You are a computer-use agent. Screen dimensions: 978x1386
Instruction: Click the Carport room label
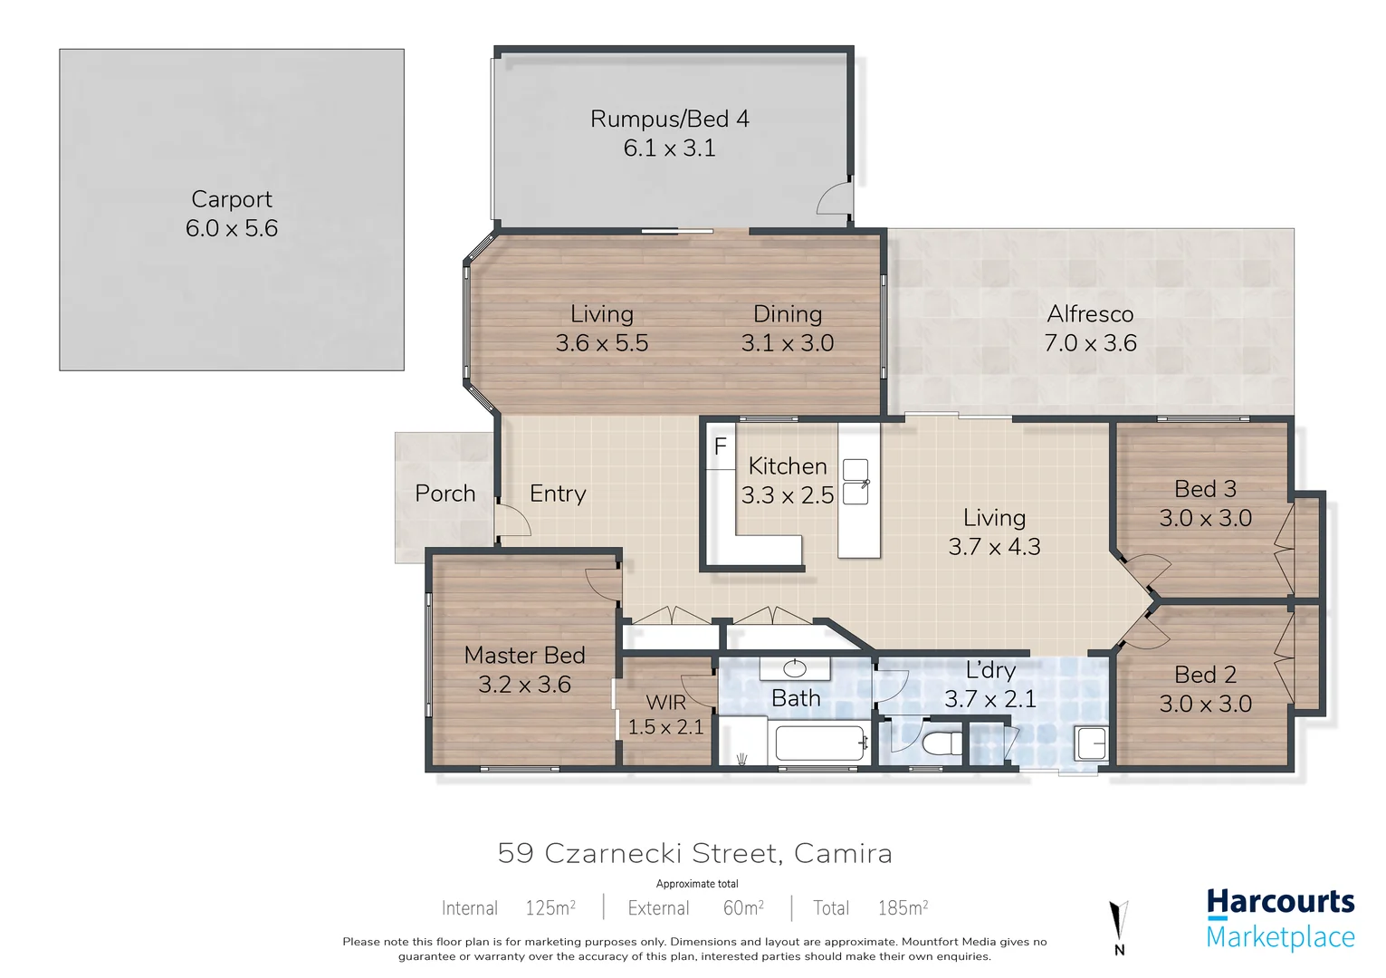click(x=232, y=199)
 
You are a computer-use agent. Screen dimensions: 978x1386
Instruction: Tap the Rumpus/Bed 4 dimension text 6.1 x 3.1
click(x=669, y=149)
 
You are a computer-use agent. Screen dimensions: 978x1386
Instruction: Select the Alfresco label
click(x=1090, y=314)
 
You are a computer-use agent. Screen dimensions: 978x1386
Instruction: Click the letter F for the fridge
click(x=721, y=446)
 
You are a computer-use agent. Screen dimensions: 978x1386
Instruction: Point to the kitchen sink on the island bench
click(x=855, y=482)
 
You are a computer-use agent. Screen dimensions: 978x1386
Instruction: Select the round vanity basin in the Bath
click(x=795, y=669)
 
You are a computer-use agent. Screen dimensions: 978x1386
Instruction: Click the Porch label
click(x=444, y=494)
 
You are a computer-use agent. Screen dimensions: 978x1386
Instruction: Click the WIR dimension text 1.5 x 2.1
click(x=665, y=727)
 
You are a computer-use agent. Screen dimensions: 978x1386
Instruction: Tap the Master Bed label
click(x=524, y=655)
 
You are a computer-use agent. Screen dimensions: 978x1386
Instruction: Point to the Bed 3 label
click(x=1205, y=489)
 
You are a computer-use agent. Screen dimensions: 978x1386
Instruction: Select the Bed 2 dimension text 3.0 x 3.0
click(x=1205, y=704)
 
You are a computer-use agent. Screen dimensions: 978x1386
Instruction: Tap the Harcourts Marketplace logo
click(x=1280, y=919)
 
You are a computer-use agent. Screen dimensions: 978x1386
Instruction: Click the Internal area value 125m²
click(x=550, y=907)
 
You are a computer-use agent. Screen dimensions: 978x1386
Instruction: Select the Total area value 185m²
click(x=903, y=907)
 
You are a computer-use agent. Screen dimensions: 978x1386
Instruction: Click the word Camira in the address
click(x=843, y=853)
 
